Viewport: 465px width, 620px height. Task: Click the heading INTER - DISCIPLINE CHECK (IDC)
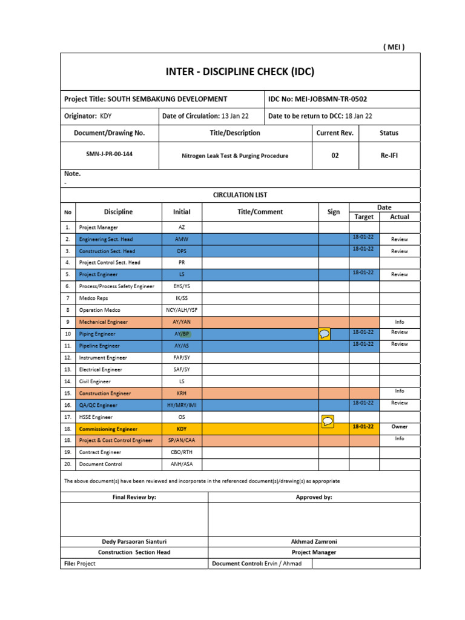[240, 72]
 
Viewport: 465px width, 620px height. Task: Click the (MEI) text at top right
[394, 47]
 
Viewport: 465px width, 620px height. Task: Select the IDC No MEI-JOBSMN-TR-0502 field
[317, 99]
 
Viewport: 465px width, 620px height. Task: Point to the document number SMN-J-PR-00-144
[109, 154]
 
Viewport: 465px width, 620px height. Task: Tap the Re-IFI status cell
[389, 156]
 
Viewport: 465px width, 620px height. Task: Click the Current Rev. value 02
[335, 156]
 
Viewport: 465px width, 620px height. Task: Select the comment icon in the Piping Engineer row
[325, 334]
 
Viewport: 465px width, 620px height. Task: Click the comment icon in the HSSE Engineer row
[327, 421]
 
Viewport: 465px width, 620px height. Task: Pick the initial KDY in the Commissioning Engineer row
[182, 429]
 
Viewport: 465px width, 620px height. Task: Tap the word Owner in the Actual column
[399, 427]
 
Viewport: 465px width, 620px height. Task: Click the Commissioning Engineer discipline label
[108, 429]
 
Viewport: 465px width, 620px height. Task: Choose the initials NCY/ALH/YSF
[182, 310]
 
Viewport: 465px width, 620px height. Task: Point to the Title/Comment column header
[260, 212]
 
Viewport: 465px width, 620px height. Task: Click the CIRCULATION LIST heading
[240, 195]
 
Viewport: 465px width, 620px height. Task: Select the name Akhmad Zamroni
[314, 541]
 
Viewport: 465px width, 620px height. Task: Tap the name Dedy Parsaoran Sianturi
[134, 541]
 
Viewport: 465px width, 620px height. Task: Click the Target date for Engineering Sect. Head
[363, 237]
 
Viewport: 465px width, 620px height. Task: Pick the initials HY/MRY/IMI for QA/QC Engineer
[182, 405]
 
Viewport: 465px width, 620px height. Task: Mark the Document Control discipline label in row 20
[101, 464]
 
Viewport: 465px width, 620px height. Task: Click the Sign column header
[334, 212]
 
